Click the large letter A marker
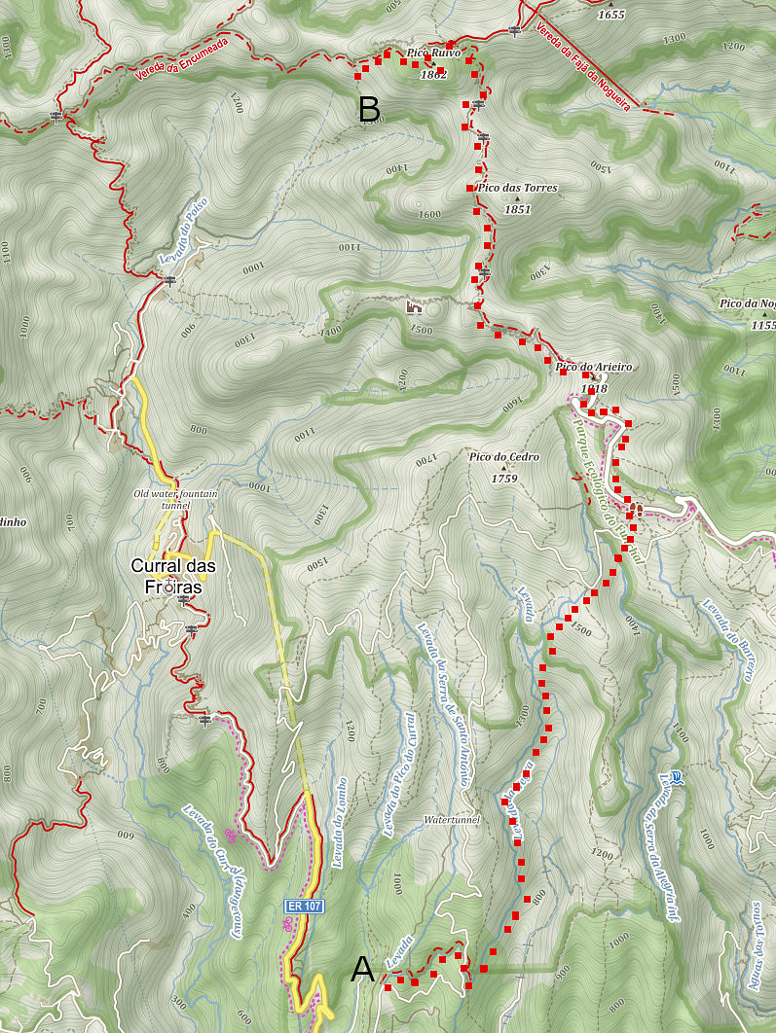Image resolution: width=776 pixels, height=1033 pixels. click(362, 969)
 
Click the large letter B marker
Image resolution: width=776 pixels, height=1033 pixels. click(369, 110)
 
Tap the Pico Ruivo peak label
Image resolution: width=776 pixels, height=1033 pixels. click(434, 53)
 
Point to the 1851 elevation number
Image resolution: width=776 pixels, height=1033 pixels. click(517, 209)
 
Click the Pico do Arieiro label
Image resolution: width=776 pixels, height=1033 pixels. click(594, 367)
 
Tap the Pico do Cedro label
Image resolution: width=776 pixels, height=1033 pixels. click(504, 456)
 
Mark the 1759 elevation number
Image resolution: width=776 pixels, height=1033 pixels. click(503, 478)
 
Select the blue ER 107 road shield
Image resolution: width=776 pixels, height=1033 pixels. click(304, 906)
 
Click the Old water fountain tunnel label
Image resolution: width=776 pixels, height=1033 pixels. click(175, 500)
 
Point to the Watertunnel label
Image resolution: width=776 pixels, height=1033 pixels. click(452, 820)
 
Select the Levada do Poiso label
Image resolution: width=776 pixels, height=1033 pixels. click(184, 232)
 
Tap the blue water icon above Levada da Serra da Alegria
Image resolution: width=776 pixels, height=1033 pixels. click(678, 777)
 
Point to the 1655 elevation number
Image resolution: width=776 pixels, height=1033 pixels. click(610, 15)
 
